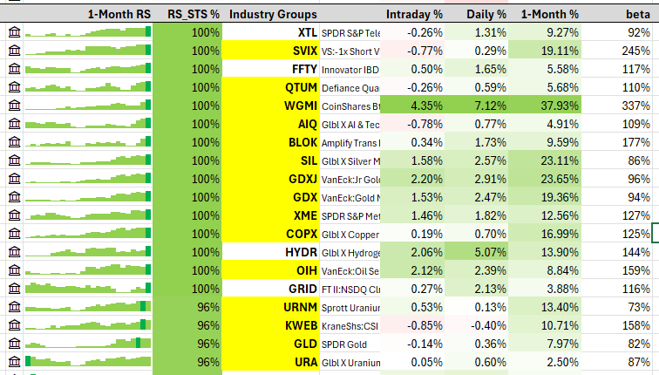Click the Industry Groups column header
[273, 15]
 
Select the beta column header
[638, 15]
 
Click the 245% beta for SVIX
[635, 51]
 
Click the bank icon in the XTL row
[14, 33]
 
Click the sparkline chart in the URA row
[88, 361]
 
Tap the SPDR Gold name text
[344, 344]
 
